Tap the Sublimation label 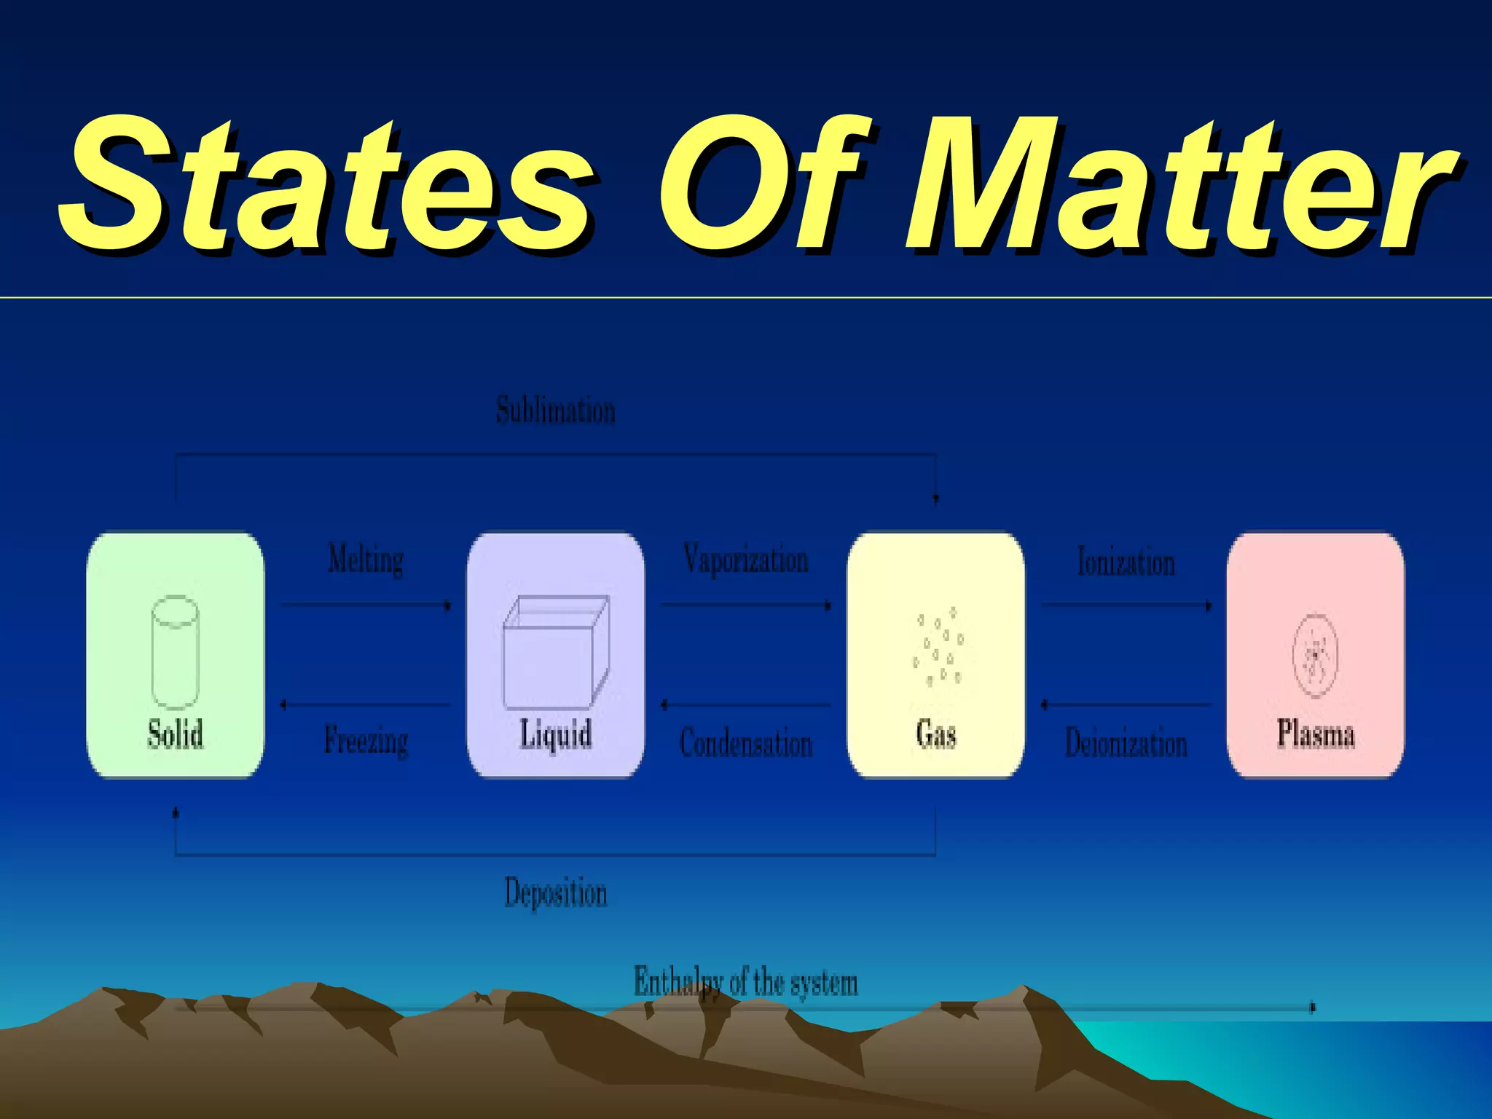click(556, 410)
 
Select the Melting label click(366, 560)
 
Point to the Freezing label click(366, 741)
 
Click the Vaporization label click(746, 560)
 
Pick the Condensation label click(746, 743)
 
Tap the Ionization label click(1126, 562)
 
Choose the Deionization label click(1126, 743)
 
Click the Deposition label click(556, 893)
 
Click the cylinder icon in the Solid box click(175, 652)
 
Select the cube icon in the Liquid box click(556, 652)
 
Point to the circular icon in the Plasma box click(1315, 655)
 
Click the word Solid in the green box click(175, 734)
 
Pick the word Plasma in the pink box click(1316, 734)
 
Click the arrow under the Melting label click(366, 605)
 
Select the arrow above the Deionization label click(1126, 704)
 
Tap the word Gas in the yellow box click(936, 734)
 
